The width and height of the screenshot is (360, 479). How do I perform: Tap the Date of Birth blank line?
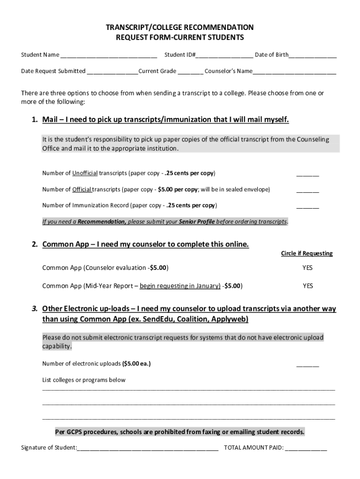(x=312, y=55)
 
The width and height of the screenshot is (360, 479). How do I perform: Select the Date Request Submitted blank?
(x=112, y=72)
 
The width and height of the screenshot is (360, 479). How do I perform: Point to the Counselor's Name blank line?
(x=294, y=72)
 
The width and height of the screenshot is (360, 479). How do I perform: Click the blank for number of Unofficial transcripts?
(x=307, y=174)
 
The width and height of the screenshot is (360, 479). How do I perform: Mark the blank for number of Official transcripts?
(x=307, y=190)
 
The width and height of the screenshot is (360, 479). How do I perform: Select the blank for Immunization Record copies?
(x=307, y=206)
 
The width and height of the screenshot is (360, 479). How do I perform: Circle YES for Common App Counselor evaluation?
(x=307, y=268)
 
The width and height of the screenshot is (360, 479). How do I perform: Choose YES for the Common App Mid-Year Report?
(x=307, y=286)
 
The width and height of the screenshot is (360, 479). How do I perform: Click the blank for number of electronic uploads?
(x=307, y=364)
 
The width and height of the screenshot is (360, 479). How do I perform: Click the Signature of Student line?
(x=148, y=448)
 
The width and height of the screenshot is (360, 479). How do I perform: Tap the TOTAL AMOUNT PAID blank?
(x=306, y=448)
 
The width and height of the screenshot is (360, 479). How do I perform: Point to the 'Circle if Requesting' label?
(x=306, y=254)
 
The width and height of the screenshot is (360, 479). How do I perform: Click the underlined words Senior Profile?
(x=197, y=222)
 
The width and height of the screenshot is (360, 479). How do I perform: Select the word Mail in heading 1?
(x=50, y=120)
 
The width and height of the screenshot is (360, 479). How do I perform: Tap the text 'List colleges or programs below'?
(x=84, y=380)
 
